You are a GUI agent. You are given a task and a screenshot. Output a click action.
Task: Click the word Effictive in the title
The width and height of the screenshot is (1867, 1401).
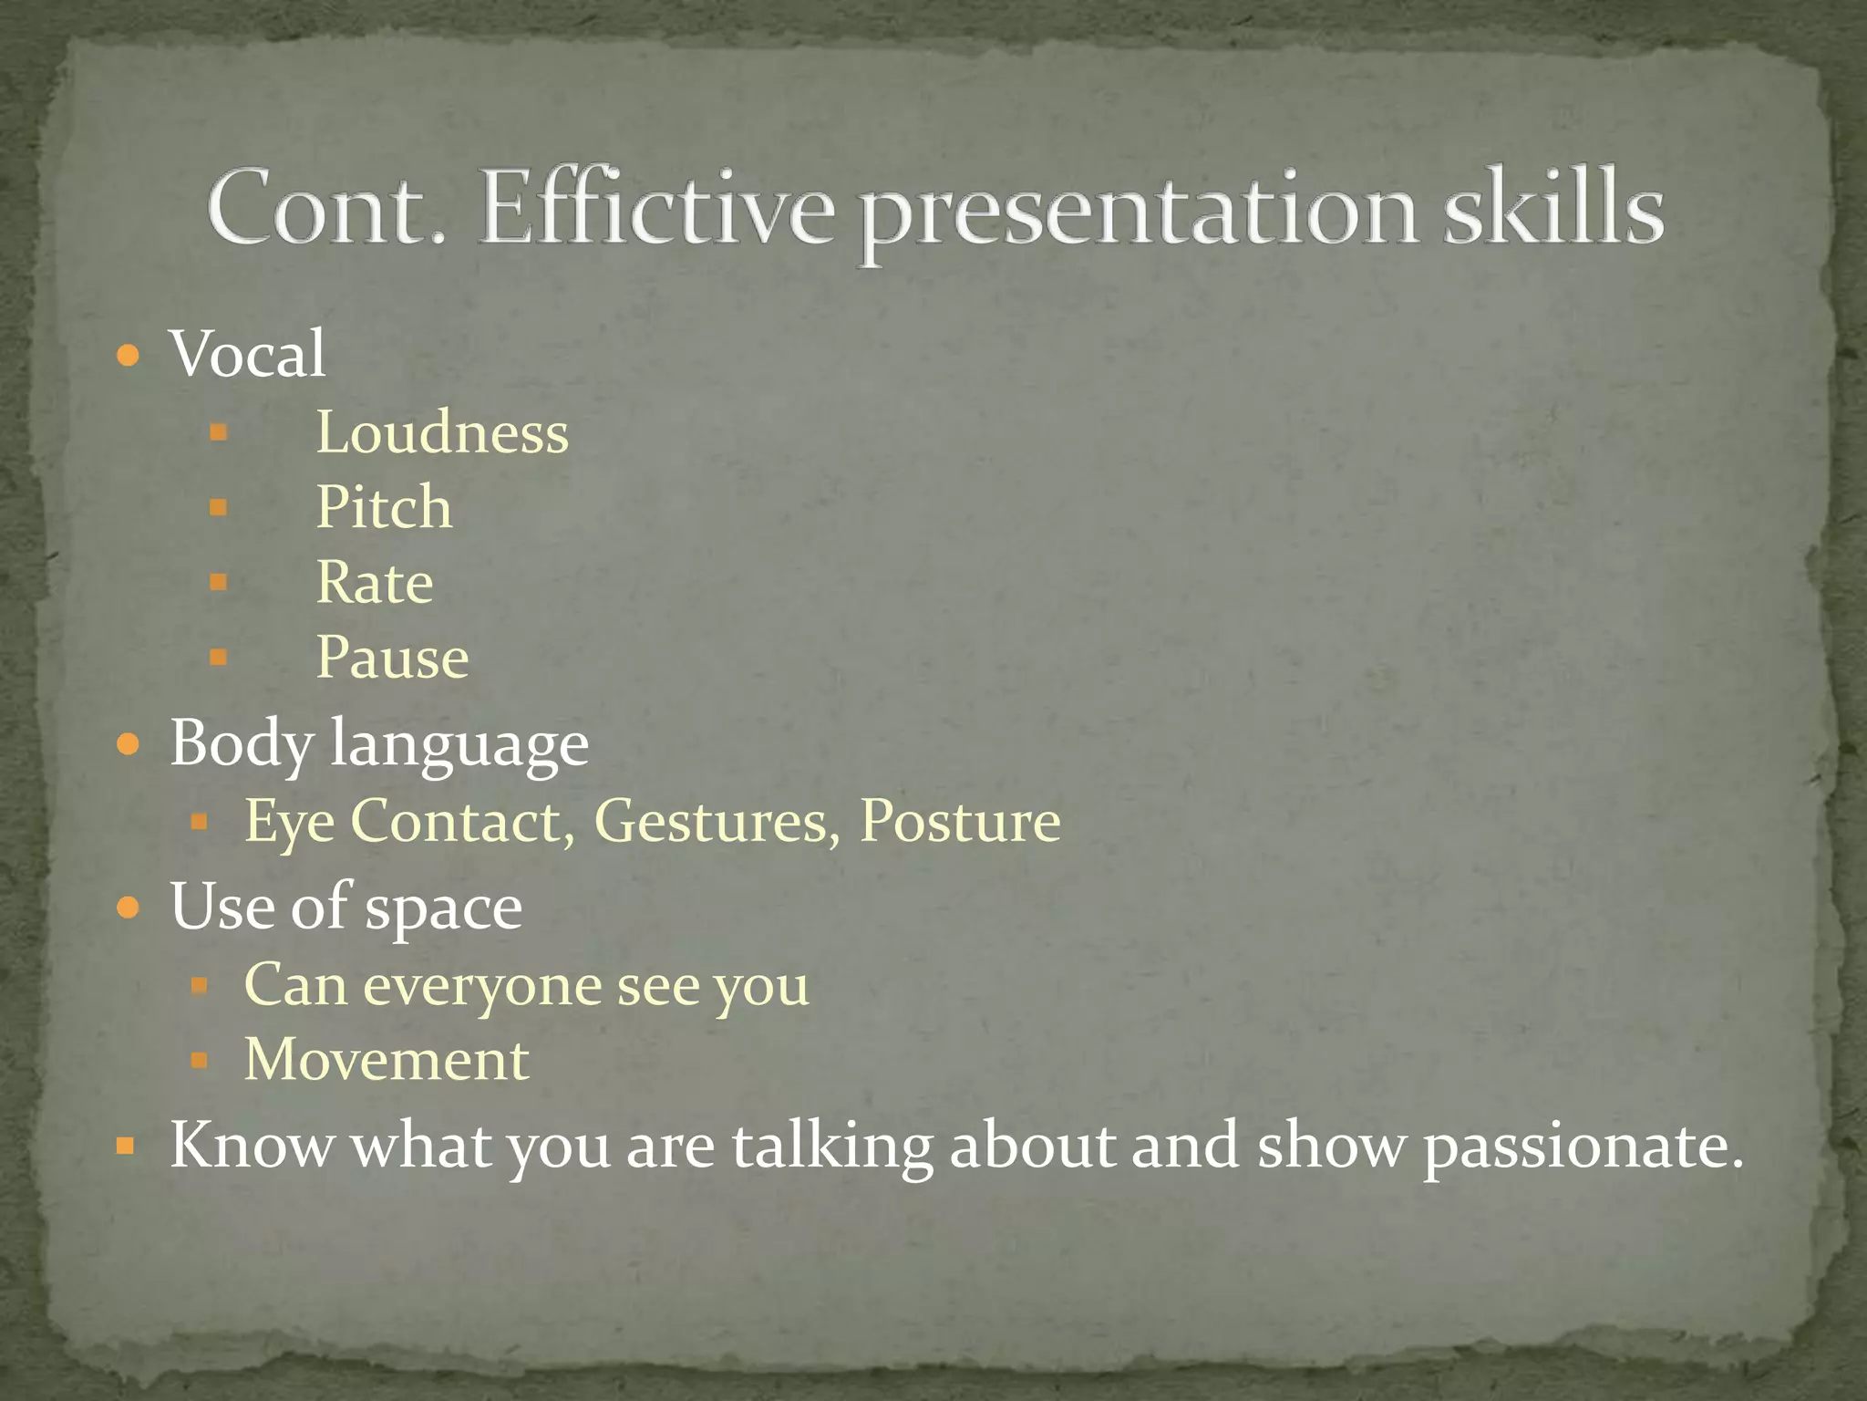point(656,208)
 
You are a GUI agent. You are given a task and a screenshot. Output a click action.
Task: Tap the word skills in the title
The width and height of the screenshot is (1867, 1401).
point(1553,208)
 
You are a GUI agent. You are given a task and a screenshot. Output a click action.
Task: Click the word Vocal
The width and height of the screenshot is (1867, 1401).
point(247,354)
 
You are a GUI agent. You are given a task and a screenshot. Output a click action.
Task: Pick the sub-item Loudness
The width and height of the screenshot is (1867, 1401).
point(442,432)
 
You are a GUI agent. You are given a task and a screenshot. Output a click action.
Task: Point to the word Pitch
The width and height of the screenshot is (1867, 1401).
point(384,507)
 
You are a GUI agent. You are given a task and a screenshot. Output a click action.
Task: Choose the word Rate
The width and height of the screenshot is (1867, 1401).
point(375,582)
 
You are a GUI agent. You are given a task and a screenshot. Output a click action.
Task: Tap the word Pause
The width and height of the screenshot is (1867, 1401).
point(392,657)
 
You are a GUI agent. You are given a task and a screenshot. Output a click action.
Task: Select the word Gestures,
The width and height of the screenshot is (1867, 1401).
point(717,821)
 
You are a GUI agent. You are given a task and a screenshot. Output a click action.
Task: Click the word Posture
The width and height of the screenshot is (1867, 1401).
point(960,821)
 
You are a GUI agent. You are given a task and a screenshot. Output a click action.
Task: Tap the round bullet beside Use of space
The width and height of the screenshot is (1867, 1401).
point(129,908)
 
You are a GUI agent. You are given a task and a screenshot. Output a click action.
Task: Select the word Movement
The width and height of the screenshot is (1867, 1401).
point(387,1060)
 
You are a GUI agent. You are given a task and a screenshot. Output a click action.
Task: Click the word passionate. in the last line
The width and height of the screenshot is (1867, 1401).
point(1583,1147)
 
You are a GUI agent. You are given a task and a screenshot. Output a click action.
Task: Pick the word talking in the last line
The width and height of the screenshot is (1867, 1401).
point(832,1145)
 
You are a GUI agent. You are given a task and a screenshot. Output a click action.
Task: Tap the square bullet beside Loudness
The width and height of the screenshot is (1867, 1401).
point(218,431)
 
